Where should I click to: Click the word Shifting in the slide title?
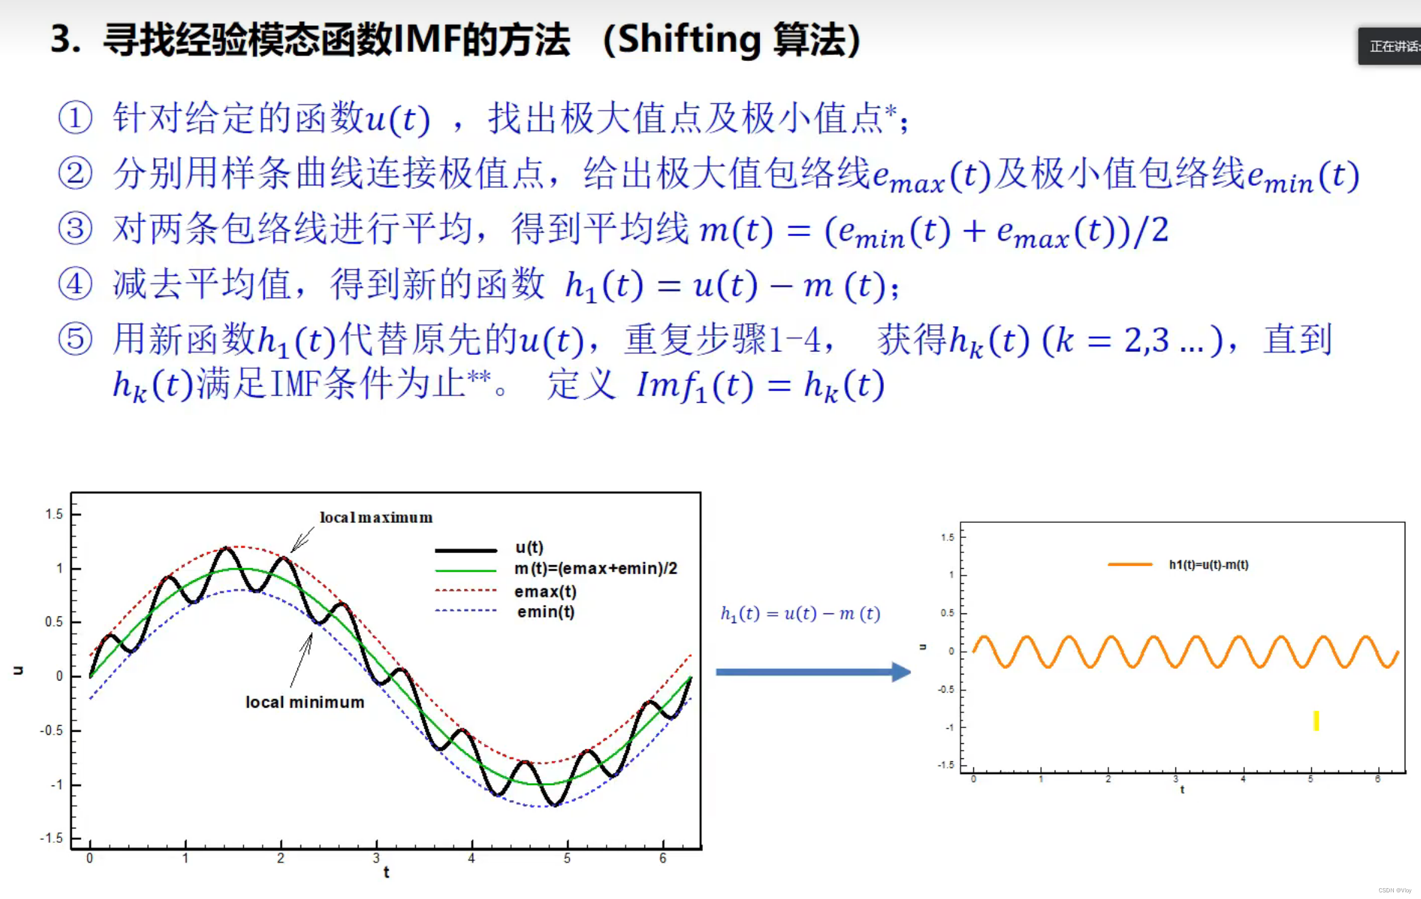[688, 40]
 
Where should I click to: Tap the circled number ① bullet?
[75, 117]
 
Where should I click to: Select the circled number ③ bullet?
[75, 229]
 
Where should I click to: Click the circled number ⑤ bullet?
[75, 339]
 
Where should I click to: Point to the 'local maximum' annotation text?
[376, 517]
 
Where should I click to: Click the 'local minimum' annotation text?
[305, 702]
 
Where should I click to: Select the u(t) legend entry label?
[529, 548]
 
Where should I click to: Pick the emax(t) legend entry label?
[545, 592]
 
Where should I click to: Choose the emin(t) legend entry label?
[545, 612]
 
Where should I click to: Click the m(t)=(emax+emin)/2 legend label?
[596, 568]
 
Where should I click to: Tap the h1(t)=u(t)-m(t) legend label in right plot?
[1209, 565]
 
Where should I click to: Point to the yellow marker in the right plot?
[1316, 720]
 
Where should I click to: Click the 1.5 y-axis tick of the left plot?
[54, 514]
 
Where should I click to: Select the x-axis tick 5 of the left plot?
[567, 858]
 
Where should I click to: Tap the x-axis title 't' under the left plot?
[386, 872]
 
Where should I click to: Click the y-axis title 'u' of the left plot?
[18, 670]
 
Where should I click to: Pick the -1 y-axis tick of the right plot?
[949, 728]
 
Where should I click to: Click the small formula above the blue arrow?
[800, 613]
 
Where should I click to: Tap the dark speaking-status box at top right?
[1390, 46]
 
